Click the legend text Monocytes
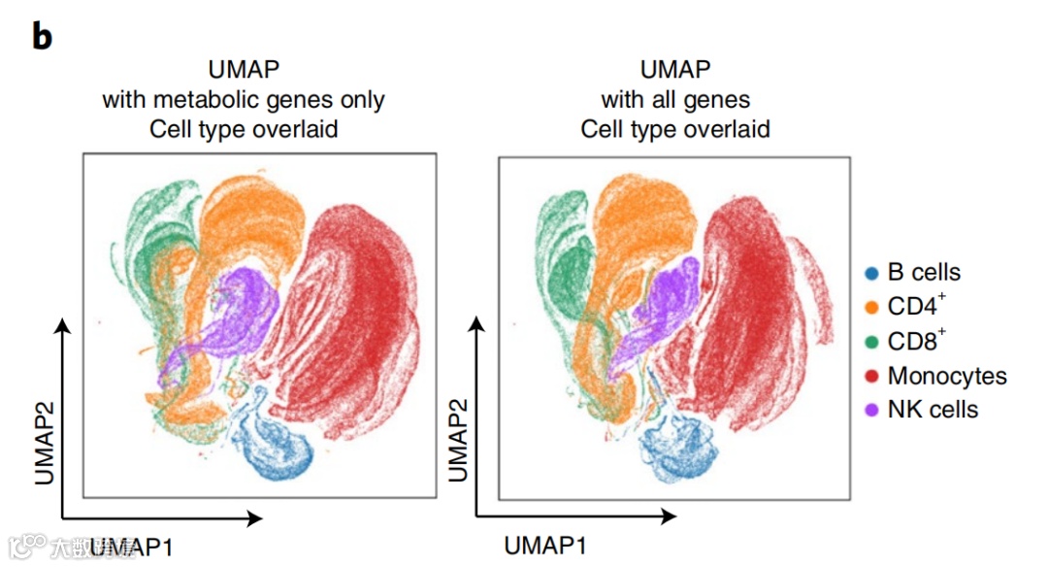coord(947,376)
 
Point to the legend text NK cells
coord(933,409)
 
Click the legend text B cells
coord(924,274)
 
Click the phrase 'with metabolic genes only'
coord(244,99)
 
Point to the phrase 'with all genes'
coord(675,99)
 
